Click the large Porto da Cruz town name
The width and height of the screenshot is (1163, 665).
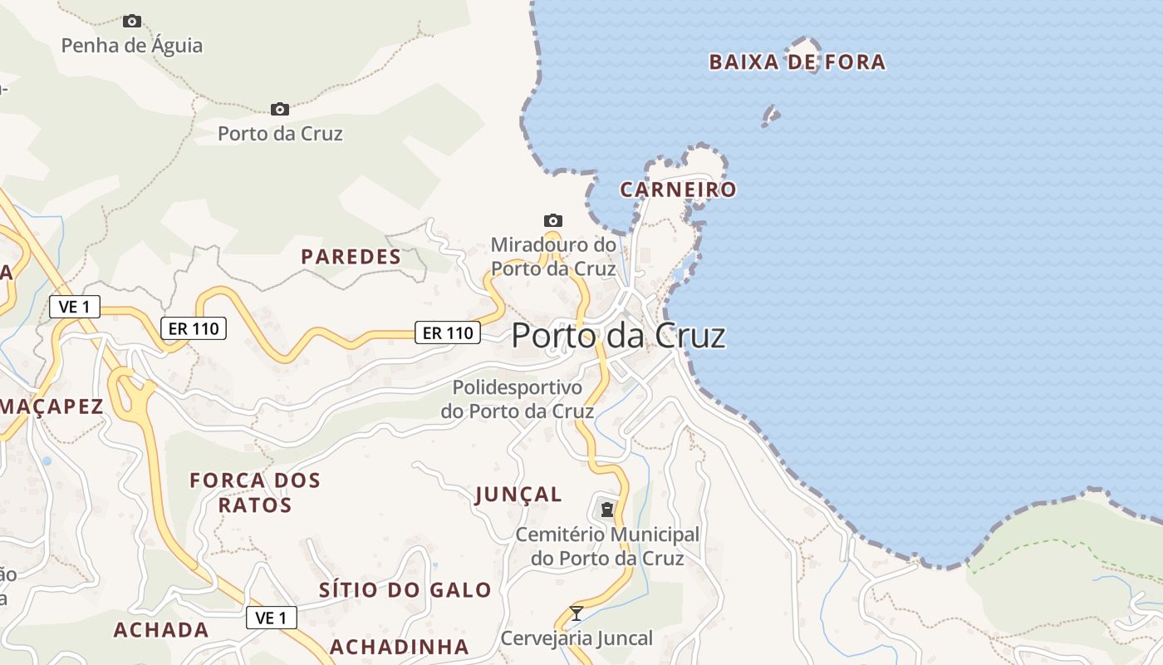point(618,335)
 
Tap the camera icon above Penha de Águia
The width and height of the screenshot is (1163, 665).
point(132,21)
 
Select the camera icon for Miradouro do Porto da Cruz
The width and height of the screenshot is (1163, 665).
point(553,220)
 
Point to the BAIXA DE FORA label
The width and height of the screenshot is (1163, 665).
point(797,62)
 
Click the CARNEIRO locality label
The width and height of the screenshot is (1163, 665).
point(678,190)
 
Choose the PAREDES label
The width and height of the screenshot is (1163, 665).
point(351,257)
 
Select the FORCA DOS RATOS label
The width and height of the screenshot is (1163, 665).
point(255,492)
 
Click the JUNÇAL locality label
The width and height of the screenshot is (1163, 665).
point(518,495)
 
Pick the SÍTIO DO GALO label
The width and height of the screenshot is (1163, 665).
point(405,590)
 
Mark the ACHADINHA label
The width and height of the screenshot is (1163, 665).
point(400,647)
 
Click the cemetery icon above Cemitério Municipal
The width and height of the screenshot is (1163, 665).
point(607,508)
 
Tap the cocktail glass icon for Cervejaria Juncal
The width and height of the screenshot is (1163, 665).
point(577,613)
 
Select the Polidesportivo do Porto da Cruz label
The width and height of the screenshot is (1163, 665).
point(518,399)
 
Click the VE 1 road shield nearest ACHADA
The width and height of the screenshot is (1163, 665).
point(272,618)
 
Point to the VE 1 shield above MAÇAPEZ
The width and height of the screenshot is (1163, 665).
point(75,307)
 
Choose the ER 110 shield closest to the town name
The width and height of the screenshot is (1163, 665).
point(448,333)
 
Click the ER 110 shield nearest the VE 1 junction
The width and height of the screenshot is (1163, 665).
point(194,328)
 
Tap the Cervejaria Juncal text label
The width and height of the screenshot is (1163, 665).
point(577,638)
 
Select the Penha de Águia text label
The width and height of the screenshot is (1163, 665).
point(132,45)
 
